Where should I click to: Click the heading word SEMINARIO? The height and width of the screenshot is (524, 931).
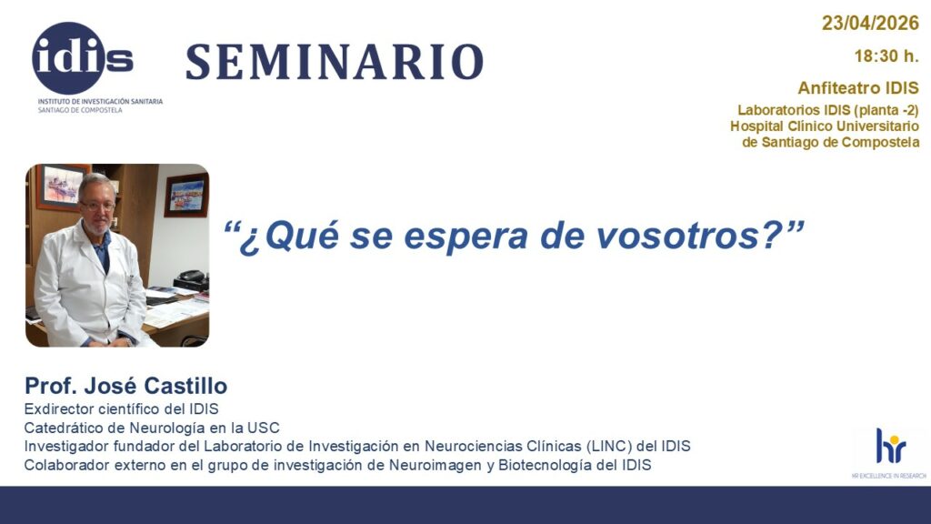334,62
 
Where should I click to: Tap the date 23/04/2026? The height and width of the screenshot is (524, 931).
870,24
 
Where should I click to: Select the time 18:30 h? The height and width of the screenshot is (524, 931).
886,56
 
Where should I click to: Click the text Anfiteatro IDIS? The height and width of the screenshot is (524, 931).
858,88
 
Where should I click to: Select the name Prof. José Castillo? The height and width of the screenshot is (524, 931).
125,386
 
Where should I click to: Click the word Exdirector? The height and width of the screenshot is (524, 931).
60,408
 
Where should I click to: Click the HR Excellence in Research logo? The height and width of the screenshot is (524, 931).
889,450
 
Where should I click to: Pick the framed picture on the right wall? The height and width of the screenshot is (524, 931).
185,195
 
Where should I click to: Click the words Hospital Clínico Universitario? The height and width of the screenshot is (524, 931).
825,126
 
